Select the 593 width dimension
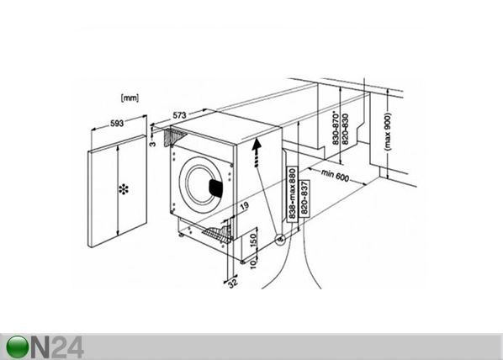click(x=116, y=124)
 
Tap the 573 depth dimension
click(x=179, y=115)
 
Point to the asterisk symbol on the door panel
click(x=124, y=189)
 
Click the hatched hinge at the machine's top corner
click(x=177, y=136)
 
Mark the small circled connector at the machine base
click(x=280, y=239)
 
